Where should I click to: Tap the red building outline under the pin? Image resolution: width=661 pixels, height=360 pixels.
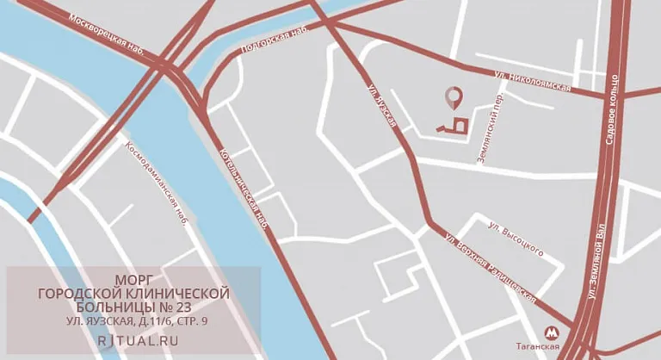455,126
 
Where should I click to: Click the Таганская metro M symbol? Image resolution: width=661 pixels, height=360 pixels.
552,331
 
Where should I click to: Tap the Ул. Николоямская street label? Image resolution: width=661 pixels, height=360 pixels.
534,81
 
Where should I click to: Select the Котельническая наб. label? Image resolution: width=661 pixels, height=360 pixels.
245,184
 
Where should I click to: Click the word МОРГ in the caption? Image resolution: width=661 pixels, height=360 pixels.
134,279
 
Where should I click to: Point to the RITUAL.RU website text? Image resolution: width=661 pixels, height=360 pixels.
134,340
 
